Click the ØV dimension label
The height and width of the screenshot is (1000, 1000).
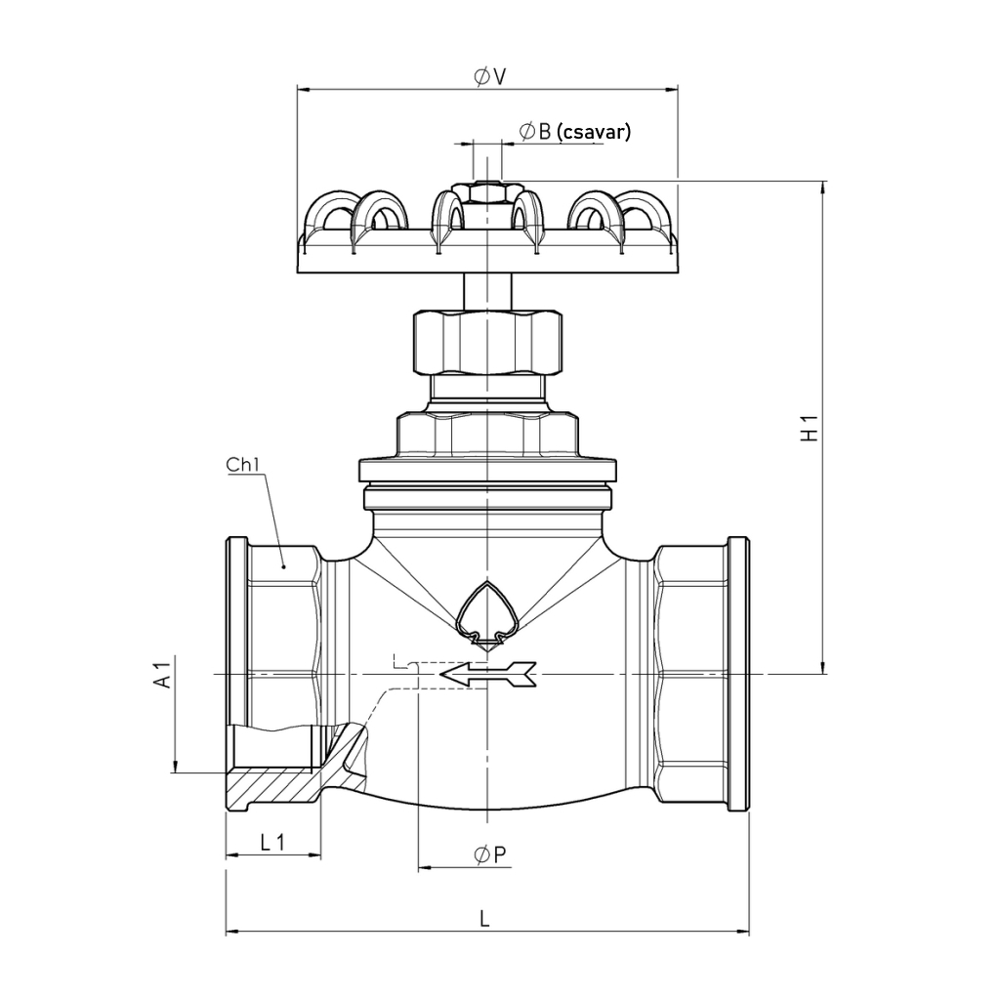tap(490, 76)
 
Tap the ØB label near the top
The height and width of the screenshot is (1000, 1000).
tap(535, 132)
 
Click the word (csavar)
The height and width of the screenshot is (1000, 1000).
tap(593, 132)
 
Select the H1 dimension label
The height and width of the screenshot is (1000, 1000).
tap(809, 428)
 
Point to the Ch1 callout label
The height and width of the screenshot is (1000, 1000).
tap(243, 464)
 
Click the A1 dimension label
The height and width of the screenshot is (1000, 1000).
tap(163, 675)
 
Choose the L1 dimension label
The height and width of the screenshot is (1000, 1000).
tap(272, 843)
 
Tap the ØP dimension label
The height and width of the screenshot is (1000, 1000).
tap(490, 854)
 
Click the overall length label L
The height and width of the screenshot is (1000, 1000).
tap(484, 919)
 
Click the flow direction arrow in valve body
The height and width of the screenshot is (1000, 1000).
tap(488, 674)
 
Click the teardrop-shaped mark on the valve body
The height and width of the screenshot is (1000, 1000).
tap(488, 613)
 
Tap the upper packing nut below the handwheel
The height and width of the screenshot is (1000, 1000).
tap(488, 342)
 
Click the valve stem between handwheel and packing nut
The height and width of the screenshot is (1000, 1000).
tap(488, 291)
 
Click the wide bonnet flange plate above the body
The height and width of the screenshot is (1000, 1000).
tap(488, 470)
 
